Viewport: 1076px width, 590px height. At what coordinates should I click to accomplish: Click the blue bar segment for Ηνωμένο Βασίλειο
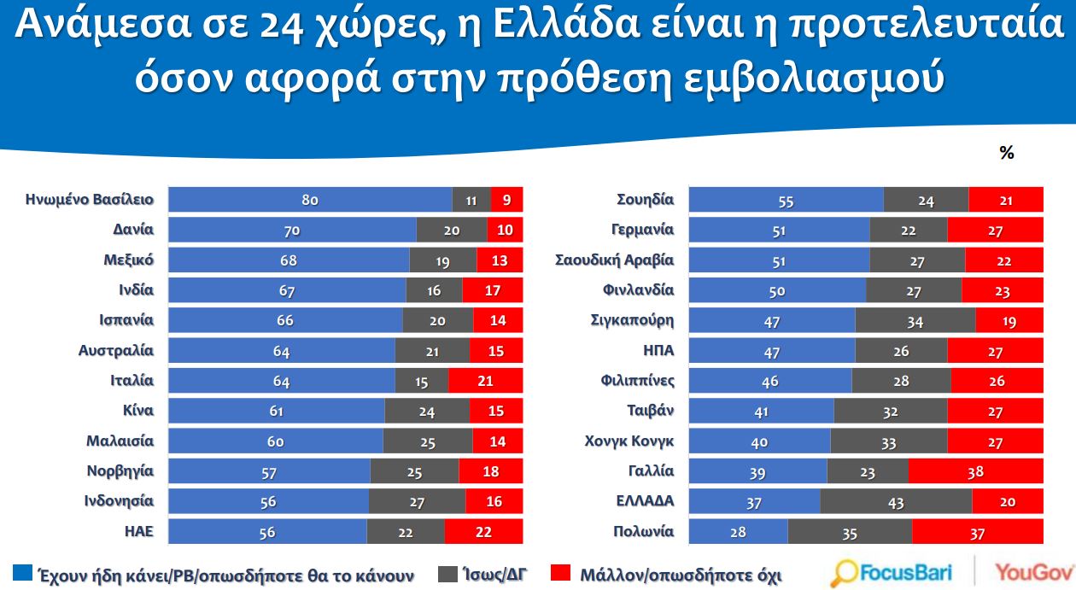tap(310, 200)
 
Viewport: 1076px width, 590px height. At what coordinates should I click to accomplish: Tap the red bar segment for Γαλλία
tap(975, 471)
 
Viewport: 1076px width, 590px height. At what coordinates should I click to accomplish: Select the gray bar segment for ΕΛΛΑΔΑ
tap(896, 501)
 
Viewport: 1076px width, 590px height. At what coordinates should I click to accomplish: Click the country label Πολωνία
tap(643, 531)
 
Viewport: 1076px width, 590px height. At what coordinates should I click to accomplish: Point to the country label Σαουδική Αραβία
tap(614, 260)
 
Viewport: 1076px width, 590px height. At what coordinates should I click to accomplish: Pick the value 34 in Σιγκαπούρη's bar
tap(915, 321)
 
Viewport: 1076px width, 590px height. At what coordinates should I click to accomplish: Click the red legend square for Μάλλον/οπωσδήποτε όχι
tap(561, 573)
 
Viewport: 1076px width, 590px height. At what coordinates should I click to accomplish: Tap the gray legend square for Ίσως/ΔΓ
tap(447, 573)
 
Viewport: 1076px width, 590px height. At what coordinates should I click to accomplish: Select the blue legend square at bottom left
tap(23, 573)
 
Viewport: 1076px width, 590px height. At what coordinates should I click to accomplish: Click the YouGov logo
tap(1033, 572)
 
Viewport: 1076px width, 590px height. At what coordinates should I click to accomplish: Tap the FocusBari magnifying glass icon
tap(845, 573)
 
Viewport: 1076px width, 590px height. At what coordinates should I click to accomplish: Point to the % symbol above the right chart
tap(1006, 153)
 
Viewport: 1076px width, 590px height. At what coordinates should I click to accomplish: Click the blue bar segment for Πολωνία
tap(738, 531)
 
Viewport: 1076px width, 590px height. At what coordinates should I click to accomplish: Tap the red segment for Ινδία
tap(493, 290)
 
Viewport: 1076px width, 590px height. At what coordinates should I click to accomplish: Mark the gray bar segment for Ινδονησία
tap(418, 501)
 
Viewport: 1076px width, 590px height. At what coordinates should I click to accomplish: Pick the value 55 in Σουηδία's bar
tap(786, 200)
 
